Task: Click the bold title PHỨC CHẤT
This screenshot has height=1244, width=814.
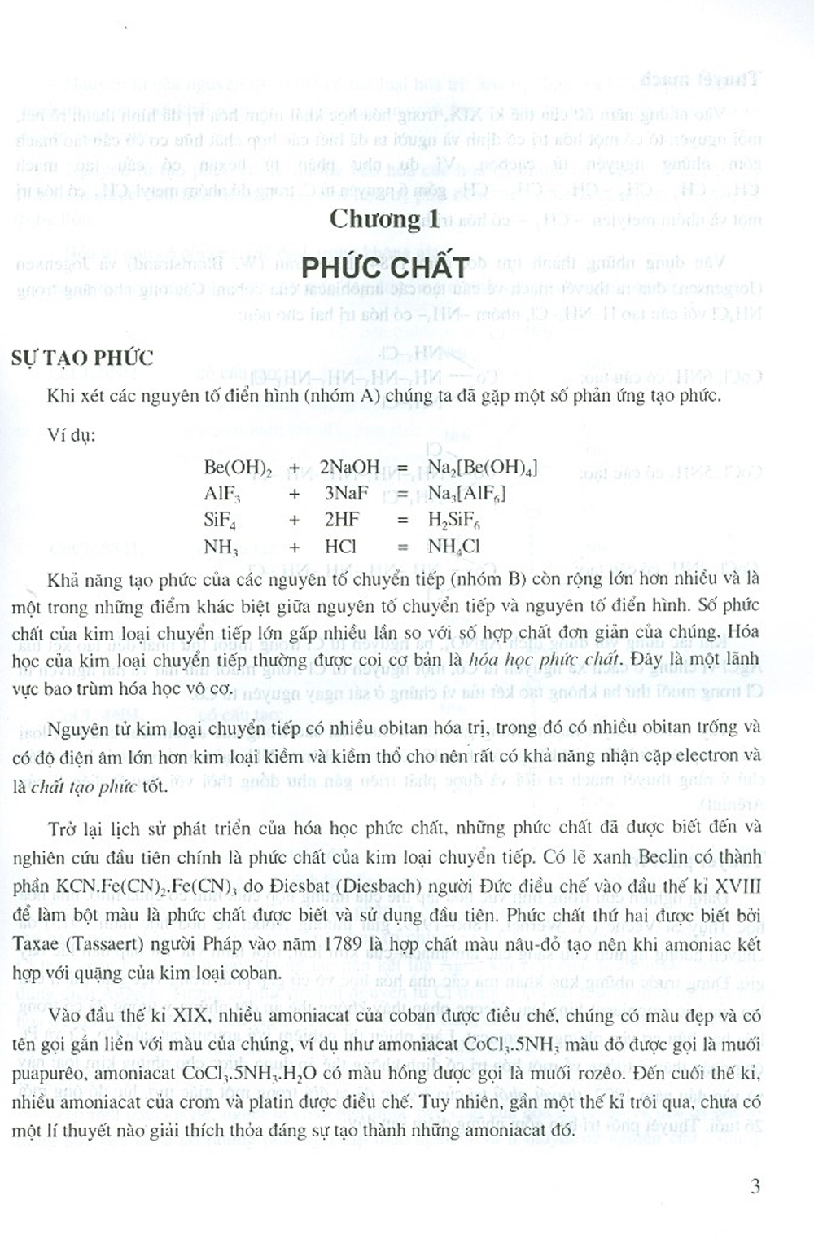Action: [x=385, y=266]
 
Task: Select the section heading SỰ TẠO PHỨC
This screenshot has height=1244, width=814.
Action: [x=82, y=358]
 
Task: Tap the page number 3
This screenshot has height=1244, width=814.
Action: [x=755, y=1185]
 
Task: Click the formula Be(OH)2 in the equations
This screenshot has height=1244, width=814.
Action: [x=238, y=468]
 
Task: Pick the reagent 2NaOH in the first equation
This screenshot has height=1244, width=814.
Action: [x=350, y=467]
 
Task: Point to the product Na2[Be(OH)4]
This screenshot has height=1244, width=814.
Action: [x=482, y=468]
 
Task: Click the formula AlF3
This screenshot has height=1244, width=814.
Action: [x=222, y=494]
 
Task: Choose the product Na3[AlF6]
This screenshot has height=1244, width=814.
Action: [x=466, y=494]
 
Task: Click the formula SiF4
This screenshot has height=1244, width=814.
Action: [x=221, y=520]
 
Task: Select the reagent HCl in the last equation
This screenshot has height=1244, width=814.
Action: [x=340, y=546]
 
